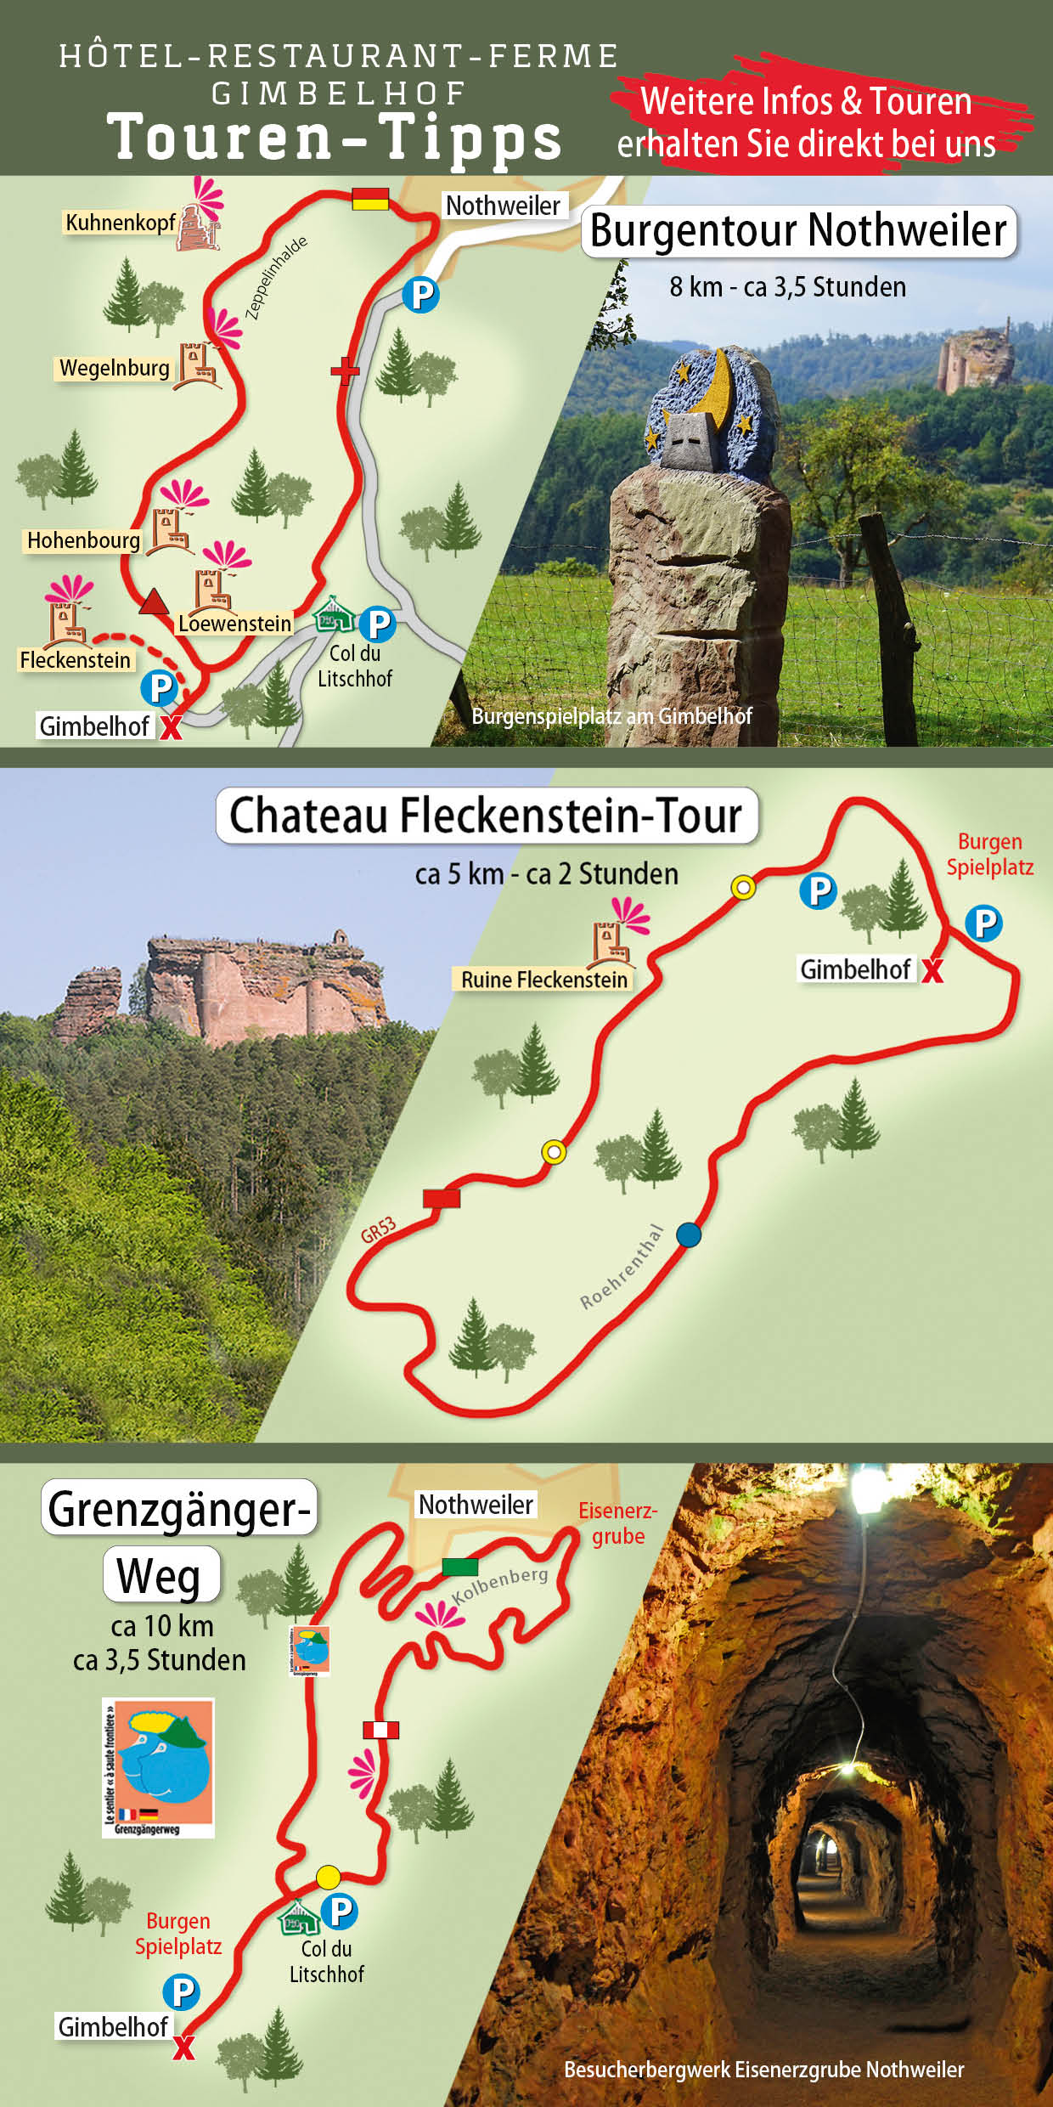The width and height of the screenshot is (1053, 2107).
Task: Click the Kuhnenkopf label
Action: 120,223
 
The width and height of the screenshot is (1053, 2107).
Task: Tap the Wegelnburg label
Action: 114,368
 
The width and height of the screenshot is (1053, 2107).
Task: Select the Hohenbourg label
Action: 83,540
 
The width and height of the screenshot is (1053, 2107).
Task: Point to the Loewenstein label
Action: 234,624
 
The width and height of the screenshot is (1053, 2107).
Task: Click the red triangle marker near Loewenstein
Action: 154,602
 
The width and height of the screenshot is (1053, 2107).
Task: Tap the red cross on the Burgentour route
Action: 345,370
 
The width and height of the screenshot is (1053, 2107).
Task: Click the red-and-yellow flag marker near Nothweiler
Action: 370,199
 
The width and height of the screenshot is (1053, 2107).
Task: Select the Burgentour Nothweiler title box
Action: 798,231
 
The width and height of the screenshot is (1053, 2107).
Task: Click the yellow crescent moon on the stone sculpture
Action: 719,388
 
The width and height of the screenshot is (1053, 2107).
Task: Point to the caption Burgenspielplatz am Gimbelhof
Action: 611,716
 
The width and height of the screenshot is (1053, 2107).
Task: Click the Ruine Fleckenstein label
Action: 543,980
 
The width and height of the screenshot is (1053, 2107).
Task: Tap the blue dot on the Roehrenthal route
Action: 689,1234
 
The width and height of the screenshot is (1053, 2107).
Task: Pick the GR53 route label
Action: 378,1229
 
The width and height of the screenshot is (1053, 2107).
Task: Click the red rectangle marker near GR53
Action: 442,1198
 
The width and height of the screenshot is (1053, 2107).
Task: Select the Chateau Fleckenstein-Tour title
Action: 486,816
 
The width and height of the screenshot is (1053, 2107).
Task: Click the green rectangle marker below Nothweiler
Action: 459,1567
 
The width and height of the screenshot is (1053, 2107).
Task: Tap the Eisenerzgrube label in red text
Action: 617,1523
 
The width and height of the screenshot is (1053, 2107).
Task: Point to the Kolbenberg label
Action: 500,1585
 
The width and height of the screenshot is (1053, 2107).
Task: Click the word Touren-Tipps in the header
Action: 335,138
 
